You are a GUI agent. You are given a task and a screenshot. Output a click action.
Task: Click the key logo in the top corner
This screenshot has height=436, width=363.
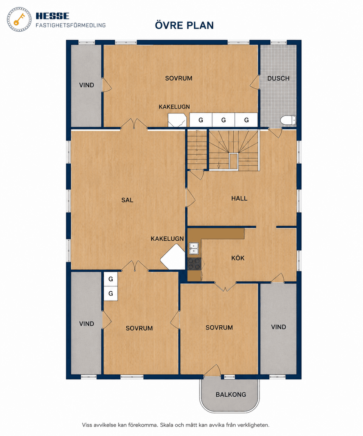19,19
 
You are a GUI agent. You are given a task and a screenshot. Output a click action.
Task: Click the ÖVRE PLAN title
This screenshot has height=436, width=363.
184,25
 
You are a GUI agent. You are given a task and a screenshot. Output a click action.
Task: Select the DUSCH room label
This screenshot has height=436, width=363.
278,79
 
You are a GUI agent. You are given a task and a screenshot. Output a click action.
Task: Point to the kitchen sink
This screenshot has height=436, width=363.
194,248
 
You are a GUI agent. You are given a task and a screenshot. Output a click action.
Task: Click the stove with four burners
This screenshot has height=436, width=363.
194,264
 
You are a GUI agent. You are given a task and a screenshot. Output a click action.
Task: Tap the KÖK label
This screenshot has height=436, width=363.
238,258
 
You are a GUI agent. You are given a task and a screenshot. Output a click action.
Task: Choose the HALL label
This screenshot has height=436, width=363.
239,198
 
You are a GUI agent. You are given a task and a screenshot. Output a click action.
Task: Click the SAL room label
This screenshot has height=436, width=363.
127,200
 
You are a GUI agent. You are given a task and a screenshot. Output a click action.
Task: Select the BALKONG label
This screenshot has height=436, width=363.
231,394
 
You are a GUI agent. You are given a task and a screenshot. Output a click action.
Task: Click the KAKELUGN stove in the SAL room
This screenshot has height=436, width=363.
173,257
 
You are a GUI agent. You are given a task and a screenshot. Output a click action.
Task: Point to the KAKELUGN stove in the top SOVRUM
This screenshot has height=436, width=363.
177,120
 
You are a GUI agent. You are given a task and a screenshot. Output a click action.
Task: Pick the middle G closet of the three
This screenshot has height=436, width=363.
223,120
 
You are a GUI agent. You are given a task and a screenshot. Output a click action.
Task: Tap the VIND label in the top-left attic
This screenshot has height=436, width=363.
87,85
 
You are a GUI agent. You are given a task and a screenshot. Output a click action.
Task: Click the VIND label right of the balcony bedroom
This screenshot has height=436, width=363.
278,327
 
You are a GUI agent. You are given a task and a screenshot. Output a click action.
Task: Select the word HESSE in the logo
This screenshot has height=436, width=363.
52,16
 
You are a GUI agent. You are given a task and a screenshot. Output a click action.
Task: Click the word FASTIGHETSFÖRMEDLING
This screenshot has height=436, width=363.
71,25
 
